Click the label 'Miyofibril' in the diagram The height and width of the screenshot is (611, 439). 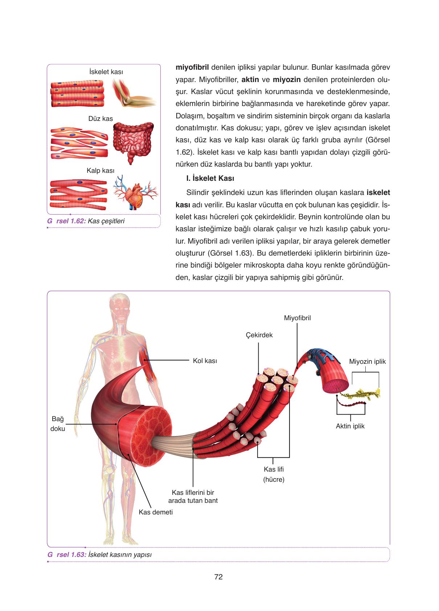click(297, 318)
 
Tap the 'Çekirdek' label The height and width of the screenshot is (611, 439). click(259, 335)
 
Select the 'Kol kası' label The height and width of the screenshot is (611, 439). click(205, 361)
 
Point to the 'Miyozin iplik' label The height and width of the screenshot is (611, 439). click(367, 362)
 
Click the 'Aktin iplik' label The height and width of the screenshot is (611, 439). click(350, 426)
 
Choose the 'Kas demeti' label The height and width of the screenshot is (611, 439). click(156, 512)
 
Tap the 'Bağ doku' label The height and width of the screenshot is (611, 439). click(58, 424)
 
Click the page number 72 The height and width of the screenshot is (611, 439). click(218, 577)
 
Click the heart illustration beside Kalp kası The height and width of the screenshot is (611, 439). click(135, 194)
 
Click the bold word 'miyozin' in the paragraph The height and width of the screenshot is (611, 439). click(286, 80)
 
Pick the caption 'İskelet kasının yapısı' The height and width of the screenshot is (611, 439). click(120, 555)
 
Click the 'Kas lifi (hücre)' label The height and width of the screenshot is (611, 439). click(274, 474)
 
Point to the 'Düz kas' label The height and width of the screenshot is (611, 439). click(100, 119)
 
